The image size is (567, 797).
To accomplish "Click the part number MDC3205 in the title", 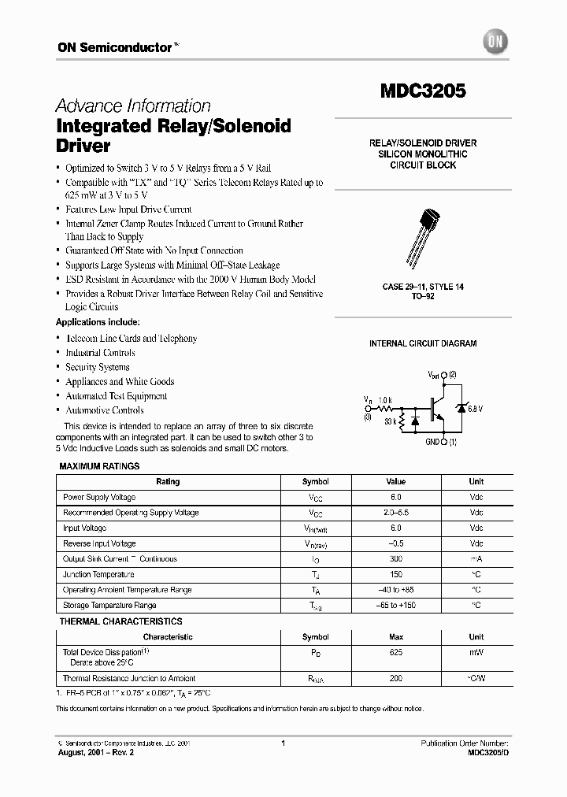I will pyautogui.click(x=423, y=91).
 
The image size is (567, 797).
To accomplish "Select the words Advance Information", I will pyautogui.click(x=133, y=106).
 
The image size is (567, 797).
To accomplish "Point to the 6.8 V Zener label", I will pyautogui.click(x=475, y=408).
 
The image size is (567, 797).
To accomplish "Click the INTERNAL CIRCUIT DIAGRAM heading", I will pyautogui.click(x=423, y=343).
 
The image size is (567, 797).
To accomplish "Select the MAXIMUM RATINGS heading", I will pyautogui.click(x=100, y=466).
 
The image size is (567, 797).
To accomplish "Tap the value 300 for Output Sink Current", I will pyautogui.click(x=395, y=559).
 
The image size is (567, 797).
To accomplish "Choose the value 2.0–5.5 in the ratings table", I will pyautogui.click(x=395, y=513).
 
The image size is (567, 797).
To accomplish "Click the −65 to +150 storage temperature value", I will pyautogui.click(x=395, y=605).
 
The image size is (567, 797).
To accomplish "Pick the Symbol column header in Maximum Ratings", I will pyautogui.click(x=316, y=481).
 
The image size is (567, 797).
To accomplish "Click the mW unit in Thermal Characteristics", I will pyautogui.click(x=476, y=653).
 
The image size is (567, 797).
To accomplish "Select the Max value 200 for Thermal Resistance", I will pyautogui.click(x=395, y=678).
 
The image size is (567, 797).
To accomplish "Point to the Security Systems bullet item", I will pyautogui.click(x=98, y=367).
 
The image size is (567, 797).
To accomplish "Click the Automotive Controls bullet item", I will pyautogui.click(x=104, y=410).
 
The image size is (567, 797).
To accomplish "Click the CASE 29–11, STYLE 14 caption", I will pyautogui.click(x=423, y=287).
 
